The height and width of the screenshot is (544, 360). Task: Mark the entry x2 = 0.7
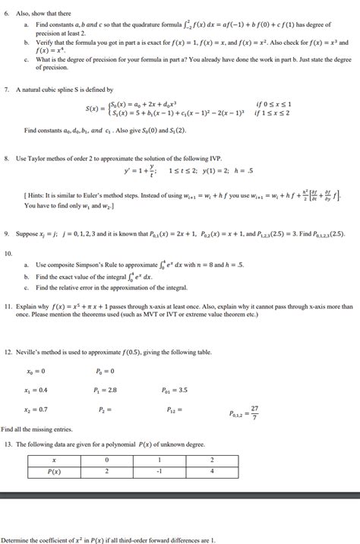(37, 409)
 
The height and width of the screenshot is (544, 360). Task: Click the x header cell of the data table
(54, 460)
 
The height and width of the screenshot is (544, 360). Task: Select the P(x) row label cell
(54, 471)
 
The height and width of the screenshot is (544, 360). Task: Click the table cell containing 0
(106, 460)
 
